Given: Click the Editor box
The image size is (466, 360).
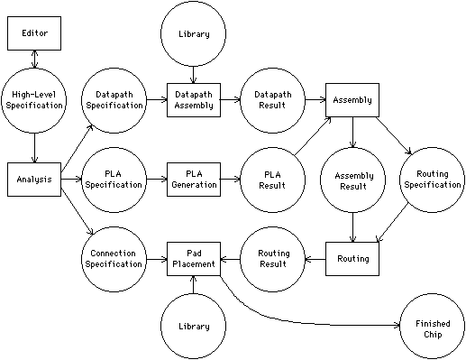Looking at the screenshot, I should tap(33, 33).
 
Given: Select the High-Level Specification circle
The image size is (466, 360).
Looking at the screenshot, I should tap(33, 99).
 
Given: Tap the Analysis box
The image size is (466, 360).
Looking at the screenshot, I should tap(33, 179).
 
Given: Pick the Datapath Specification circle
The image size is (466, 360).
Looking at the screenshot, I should tap(114, 99).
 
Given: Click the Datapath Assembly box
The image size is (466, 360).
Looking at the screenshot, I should tap(194, 99).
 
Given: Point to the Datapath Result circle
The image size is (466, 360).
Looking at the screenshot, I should tap(273, 99).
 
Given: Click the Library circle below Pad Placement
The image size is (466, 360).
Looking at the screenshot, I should tap(194, 326).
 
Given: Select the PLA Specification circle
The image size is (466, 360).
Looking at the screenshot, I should tap(114, 179).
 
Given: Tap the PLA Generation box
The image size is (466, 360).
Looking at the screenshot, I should tap(194, 179).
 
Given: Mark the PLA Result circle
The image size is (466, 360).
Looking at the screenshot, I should tap(273, 179).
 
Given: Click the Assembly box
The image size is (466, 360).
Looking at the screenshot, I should tap(352, 99).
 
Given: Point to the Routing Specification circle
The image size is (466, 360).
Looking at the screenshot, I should tap(433, 179).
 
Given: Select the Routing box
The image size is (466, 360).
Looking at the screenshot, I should tap(352, 259).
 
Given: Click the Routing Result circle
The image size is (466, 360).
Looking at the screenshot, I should tap(273, 259).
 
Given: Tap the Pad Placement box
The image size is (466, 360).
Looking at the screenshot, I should tap(194, 259).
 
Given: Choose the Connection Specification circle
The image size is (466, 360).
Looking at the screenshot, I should tap(114, 259).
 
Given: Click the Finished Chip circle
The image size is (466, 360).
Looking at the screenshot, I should tap(433, 326).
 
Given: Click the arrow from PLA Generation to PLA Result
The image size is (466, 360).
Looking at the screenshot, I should tap(230, 179).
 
